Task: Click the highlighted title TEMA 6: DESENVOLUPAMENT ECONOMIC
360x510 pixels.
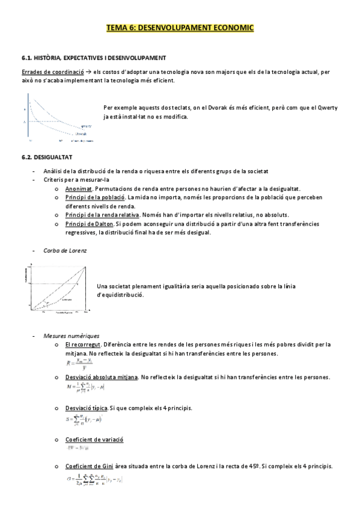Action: (180, 28)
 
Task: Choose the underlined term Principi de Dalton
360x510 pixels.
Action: (88, 224)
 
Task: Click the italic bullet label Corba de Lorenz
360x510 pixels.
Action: (61, 250)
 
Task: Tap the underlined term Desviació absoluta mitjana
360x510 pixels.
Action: (102, 377)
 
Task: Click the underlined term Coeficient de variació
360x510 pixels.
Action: (95, 440)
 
